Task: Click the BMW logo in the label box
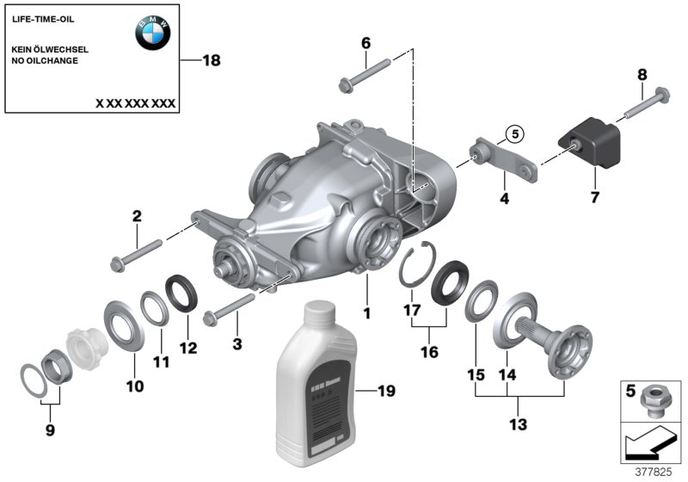click(153, 33)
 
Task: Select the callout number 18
click(211, 60)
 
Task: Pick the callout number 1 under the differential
click(366, 314)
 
